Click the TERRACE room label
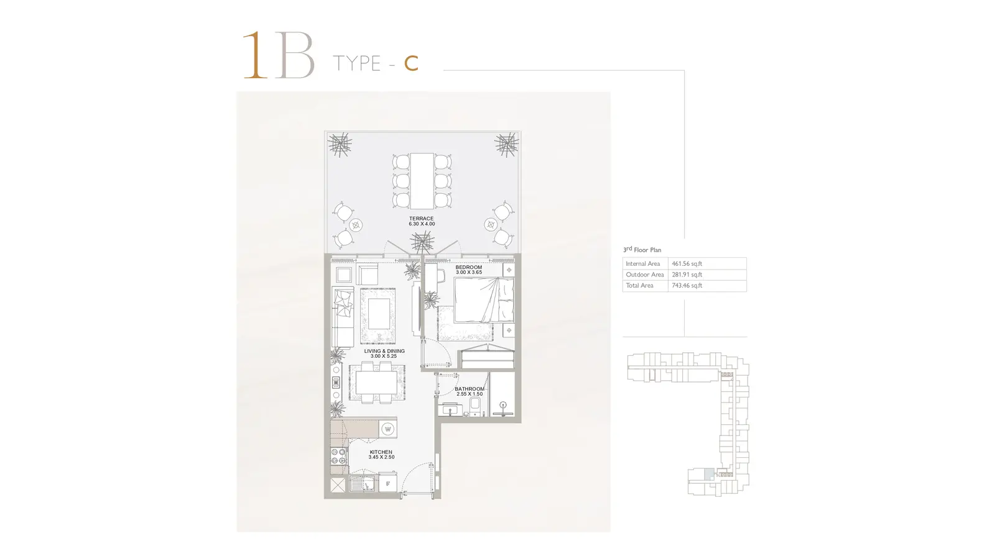pyautogui.click(x=421, y=218)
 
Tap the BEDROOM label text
pyautogui.click(x=469, y=267)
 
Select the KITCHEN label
pyautogui.click(x=381, y=452)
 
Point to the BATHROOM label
pyautogui.click(x=470, y=389)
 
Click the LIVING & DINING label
pyautogui.click(x=384, y=351)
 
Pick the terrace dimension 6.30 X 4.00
pyautogui.click(x=422, y=224)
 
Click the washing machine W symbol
pyautogui.click(x=388, y=429)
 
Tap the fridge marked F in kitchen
pyautogui.click(x=388, y=483)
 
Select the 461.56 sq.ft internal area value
pyautogui.click(x=687, y=263)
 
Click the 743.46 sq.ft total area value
pyautogui.click(x=687, y=285)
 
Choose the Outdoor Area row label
pyautogui.click(x=644, y=275)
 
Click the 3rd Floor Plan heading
pyautogui.click(x=642, y=249)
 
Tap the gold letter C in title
pyautogui.click(x=411, y=63)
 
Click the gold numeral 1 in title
pyautogui.click(x=255, y=55)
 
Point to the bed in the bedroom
pyautogui.click(x=484, y=300)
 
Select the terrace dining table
pyautogui.click(x=422, y=181)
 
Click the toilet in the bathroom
pyautogui.click(x=475, y=406)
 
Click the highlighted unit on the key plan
pyautogui.click(x=709, y=473)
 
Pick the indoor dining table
pyautogui.click(x=377, y=383)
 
